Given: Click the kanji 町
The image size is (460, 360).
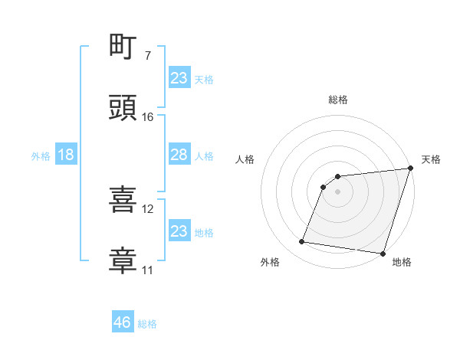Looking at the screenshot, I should [x=123, y=47].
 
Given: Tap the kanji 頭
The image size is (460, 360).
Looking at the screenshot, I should [x=123, y=108].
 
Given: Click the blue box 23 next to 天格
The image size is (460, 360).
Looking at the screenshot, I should [x=179, y=78].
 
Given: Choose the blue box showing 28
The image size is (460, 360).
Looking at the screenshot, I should [x=179, y=155].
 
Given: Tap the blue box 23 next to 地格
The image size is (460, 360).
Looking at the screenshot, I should [x=179, y=231].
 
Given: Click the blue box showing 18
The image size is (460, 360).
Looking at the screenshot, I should [x=66, y=155].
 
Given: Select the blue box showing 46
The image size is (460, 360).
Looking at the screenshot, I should [x=123, y=322].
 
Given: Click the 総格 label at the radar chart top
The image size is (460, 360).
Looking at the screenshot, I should [x=338, y=100].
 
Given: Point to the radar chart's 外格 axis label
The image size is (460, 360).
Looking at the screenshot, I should [x=271, y=262].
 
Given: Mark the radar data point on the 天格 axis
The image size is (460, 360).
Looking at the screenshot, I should [x=411, y=169].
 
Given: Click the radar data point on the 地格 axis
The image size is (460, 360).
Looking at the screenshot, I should [x=383, y=254].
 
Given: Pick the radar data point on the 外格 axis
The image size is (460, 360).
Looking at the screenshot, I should [x=302, y=242].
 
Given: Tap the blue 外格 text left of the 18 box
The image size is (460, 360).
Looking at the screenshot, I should [x=41, y=155].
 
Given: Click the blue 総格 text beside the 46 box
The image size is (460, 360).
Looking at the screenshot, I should [x=147, y=324].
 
